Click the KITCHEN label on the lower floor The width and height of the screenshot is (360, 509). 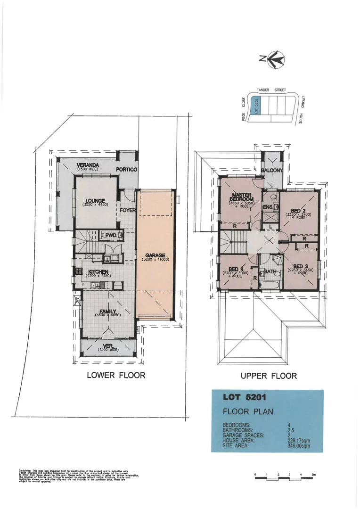click(98, 272)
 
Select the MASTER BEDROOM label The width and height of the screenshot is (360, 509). click(241, 197)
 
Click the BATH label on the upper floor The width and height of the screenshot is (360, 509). click(270, 272)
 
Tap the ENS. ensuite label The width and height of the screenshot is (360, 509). click(268, 207)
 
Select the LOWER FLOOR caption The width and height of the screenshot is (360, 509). click(116, 376)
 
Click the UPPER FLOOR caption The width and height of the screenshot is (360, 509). click(269, 376)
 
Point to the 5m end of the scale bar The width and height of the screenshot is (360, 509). click(312, 474)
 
